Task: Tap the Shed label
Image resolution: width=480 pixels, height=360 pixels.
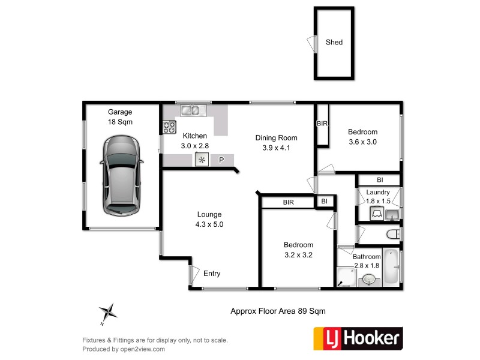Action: (x=334, y=43)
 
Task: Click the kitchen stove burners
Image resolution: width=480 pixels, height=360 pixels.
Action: (x=169, y=127)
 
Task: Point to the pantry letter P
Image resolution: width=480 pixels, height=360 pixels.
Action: (x=221, y=160)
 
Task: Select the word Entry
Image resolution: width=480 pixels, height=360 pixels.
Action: (x=212, y=274)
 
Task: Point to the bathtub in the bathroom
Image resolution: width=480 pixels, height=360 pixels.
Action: (x=391, y=267)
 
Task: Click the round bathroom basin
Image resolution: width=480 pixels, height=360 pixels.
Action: (x=368, y=280)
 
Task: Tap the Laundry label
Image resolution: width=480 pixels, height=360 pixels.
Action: (x=378, y=192)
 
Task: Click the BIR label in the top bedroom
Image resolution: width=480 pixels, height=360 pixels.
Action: (x=322, y=124)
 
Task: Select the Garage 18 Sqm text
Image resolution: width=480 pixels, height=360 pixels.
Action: (x=120, y=116)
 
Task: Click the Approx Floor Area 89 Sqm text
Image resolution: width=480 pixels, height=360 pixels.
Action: (x=278, y=311)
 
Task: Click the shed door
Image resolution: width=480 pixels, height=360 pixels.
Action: (x=311, y=43)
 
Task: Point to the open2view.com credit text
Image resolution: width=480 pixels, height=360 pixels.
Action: (x=124, y=349)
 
